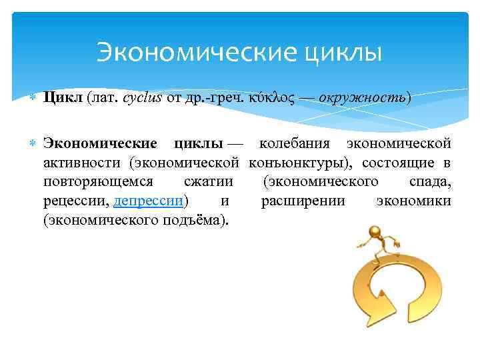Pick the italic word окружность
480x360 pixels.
point(362,98)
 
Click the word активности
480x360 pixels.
point(83,163)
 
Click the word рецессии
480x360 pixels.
point(76,201)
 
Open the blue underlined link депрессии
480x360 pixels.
point(149,201)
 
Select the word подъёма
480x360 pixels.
point(193,221)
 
